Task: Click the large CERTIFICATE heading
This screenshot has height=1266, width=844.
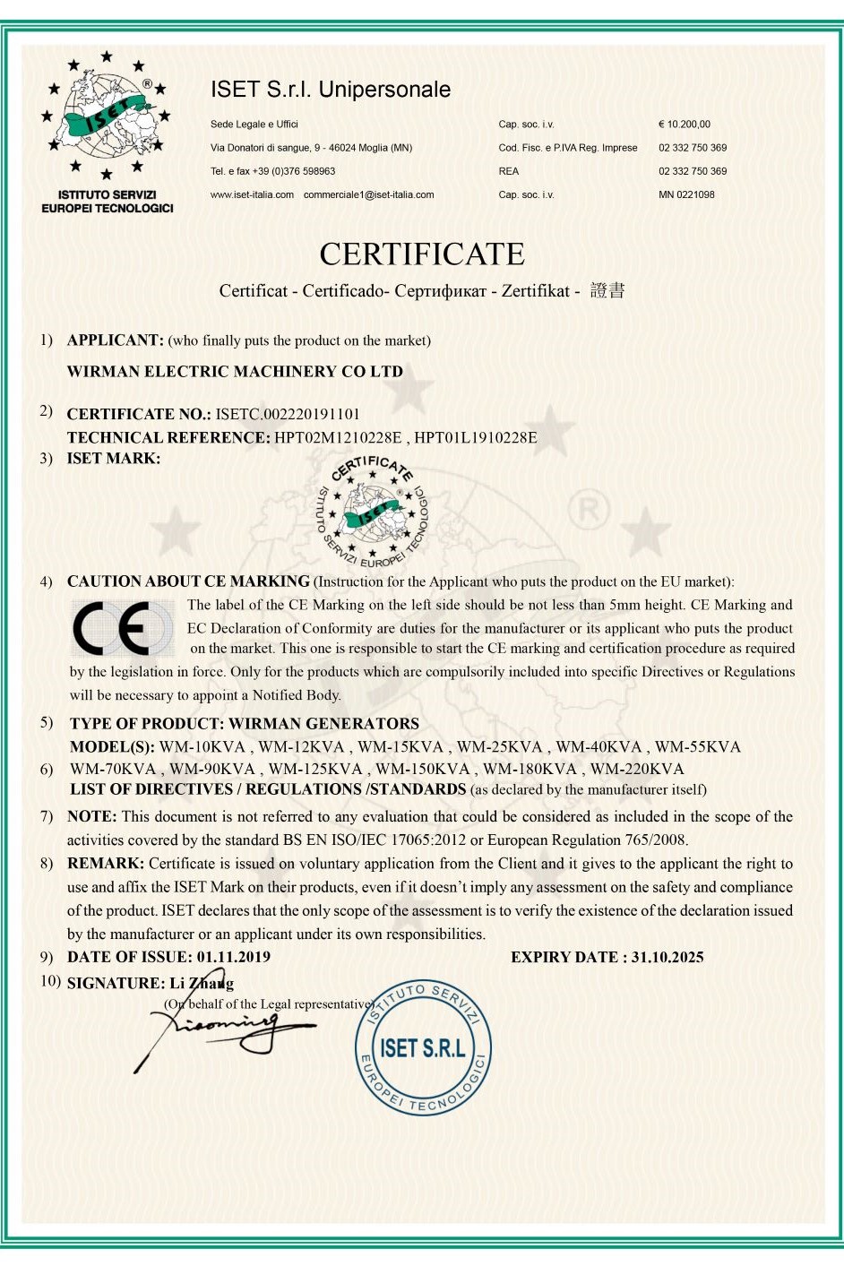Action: click(x=422, y=254)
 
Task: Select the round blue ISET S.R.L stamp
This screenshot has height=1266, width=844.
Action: click(x=423, y=1047)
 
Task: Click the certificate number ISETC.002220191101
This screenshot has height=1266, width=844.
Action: click(x=288, y=414)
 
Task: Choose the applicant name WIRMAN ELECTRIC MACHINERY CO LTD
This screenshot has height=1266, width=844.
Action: click(x=235, y=372)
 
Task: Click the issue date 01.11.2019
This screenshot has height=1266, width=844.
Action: click(x=234, y=957)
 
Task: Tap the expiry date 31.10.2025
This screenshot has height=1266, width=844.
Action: click(x=667, y=957)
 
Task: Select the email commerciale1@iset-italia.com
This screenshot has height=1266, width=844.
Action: click(x=368, y=194)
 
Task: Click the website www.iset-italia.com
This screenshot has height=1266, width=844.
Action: click(x=252, y=194)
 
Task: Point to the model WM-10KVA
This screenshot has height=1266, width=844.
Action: click(x=202, y=747)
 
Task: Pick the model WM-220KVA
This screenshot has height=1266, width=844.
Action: click(x=637, y=769)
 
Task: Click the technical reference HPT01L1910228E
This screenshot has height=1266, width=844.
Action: click(x=476, y=437)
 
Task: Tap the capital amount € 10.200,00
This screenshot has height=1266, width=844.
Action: click(x=685, y=125)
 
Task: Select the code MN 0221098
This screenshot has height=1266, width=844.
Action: click(x=686, y=194)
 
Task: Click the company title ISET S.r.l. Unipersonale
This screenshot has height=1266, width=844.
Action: click(x=331, y=90)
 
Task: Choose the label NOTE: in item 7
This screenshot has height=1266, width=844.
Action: click(x=91, y=816)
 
